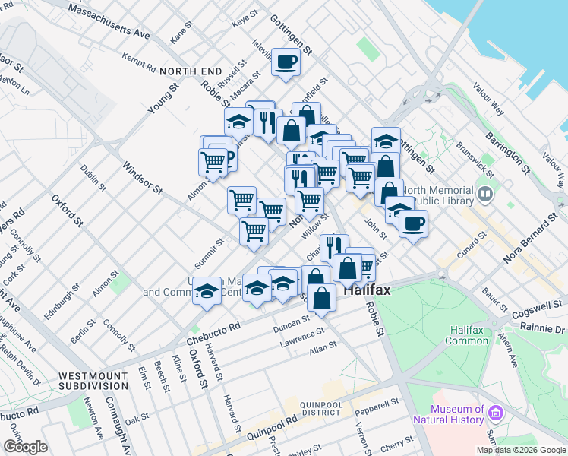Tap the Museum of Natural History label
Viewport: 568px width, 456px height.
tap(449, 414)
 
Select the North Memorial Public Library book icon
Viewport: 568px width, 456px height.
tap(485, 195)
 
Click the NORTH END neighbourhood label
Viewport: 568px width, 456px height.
tap(189, 71)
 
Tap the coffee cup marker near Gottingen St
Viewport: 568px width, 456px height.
tap(286, 62)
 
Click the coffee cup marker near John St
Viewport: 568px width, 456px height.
tap(413, 223)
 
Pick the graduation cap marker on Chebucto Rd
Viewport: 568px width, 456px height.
tap(207, 290)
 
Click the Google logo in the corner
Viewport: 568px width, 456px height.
tap(25, 447)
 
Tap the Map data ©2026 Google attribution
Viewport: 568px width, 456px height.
tap(522, 450)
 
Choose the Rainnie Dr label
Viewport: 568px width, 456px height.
tap(544, 328)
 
